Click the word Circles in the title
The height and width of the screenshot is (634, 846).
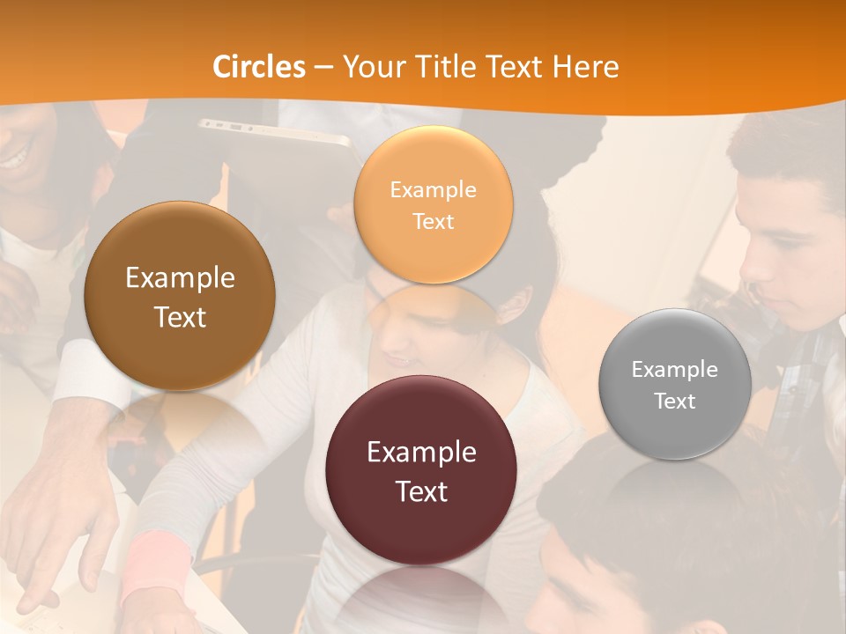click(258, 67)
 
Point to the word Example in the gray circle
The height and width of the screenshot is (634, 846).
click(674, 370)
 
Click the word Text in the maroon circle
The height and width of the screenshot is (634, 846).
click(421, 491)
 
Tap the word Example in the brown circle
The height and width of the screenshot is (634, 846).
click(180, 278)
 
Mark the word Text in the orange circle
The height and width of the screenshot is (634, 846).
click(433, 221)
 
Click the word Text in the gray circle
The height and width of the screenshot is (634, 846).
click(674, 402)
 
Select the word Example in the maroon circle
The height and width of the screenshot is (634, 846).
click(421, 452)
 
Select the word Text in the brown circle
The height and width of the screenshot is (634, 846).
click(180, 317)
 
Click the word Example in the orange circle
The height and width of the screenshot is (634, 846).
click(433, 189)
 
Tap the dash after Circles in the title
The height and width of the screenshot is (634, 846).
click(323, 67)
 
